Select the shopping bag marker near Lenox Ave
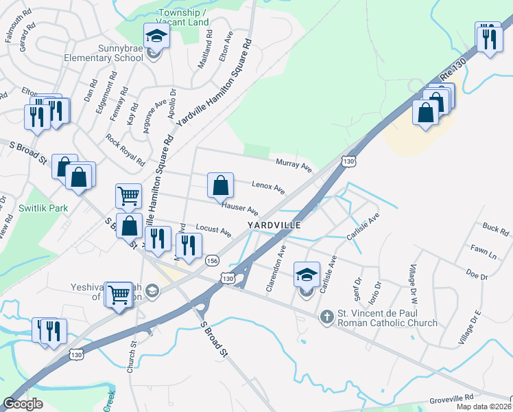point(220,185)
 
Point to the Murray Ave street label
point(294,165)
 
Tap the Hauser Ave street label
point(239,208)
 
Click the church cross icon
point(328,317)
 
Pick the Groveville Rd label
point(452,398)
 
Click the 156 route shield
point(213,260)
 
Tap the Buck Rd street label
point(494,228)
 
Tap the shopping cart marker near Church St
point(119,295)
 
